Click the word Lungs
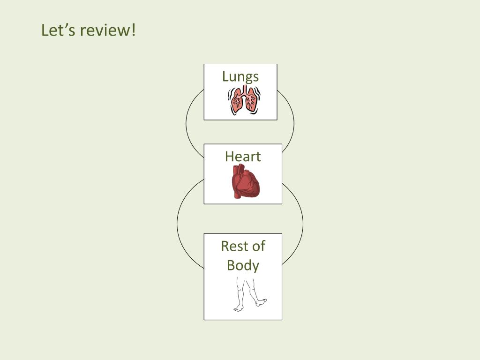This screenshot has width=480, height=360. point(240,77)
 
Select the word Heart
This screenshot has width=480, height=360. point(243,157)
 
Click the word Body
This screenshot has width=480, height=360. point(243,265)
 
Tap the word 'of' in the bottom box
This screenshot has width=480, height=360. point(256,246)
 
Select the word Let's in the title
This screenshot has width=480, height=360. point(58,30)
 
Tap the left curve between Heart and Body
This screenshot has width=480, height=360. point(178,224)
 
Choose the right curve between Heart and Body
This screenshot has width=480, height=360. point(302,224)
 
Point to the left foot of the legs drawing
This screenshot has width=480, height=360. point(239,308)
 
